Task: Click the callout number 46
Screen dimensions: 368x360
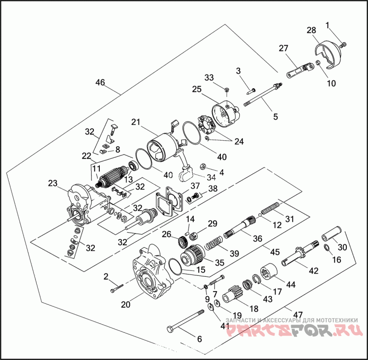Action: pyautogui.click(x=100, y=83)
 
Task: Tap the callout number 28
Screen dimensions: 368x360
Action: pyautogui.click(x=311, y=30)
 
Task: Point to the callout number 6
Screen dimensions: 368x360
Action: pyautogui.click(x=199, y=339)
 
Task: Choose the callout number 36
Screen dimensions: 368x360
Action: pyautogui.click(x=257, y=238)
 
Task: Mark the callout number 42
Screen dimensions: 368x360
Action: pyautogui.click(x=313, y=271)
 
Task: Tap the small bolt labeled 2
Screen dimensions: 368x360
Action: pyautogui.click(x=116, y=288)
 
